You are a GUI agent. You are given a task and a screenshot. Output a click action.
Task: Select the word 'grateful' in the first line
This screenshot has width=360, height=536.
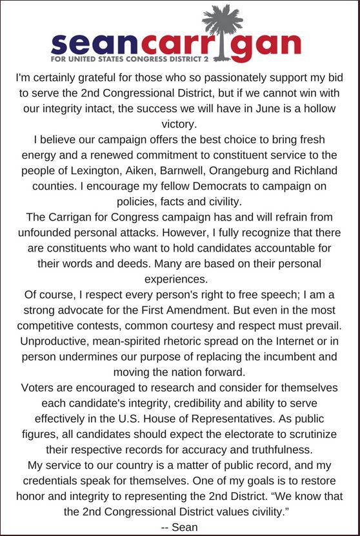pos(106,78)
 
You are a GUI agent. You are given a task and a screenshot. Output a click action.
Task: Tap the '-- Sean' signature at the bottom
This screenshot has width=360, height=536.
pos(179,526)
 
